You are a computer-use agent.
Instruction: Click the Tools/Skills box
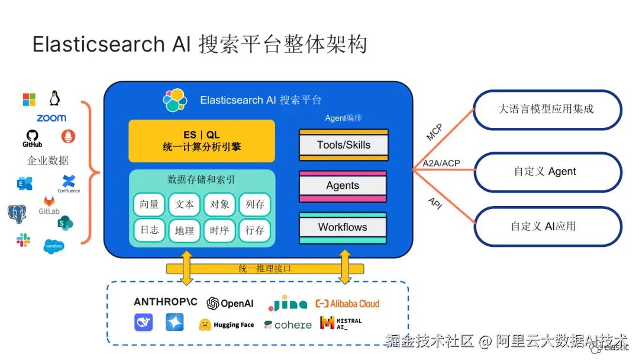(344, 144)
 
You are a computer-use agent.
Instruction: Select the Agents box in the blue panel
(343, 187)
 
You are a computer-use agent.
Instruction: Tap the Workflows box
(343, 227)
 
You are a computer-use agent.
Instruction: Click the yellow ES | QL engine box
(202, 141)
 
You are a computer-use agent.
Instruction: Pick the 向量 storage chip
(149, 204)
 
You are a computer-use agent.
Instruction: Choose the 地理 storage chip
(184, 231)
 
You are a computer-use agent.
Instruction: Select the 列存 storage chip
(254, 204)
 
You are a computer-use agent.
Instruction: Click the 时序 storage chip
(220, 231)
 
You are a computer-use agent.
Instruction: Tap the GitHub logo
(32, 138)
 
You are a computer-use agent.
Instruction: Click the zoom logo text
(51, 118)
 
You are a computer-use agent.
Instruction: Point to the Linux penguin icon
(54, 98)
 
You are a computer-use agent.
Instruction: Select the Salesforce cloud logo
(54, 246)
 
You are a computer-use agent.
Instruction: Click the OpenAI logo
(230, 303)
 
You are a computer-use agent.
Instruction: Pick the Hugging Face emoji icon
(205, 324)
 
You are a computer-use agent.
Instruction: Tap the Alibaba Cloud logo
(347, 304)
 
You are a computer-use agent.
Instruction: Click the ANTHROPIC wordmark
(166, 302)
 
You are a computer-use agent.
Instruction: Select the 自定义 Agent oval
(548, 172)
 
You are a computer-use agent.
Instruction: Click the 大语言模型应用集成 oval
(548, 110)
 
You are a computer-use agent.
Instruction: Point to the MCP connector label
(434, 132)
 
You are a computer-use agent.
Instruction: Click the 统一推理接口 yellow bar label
(265, 269)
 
